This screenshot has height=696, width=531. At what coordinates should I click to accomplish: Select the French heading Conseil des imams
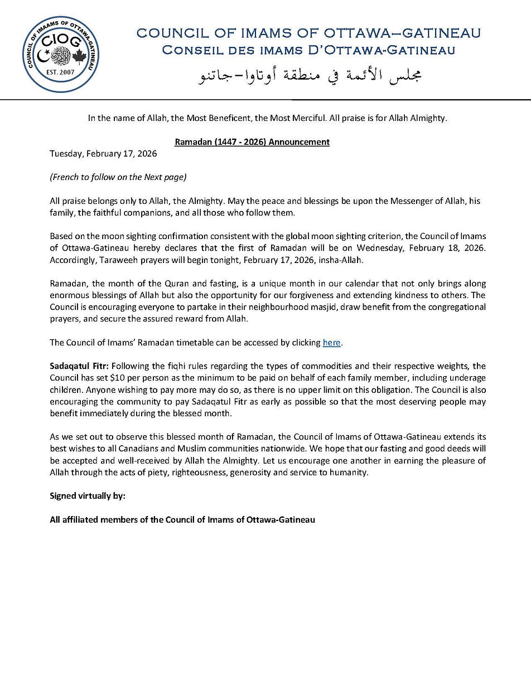tap(308, 51)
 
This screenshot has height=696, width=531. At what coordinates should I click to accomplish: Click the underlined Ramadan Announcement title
tap(252, 142)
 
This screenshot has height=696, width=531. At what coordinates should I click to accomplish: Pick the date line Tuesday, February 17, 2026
tap(103, 154)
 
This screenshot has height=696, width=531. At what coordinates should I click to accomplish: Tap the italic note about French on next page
tap(118, 177)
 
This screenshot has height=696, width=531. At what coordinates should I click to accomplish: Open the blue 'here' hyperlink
tap(331, 343)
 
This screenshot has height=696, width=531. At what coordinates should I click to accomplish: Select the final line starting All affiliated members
tap(182, 519)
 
